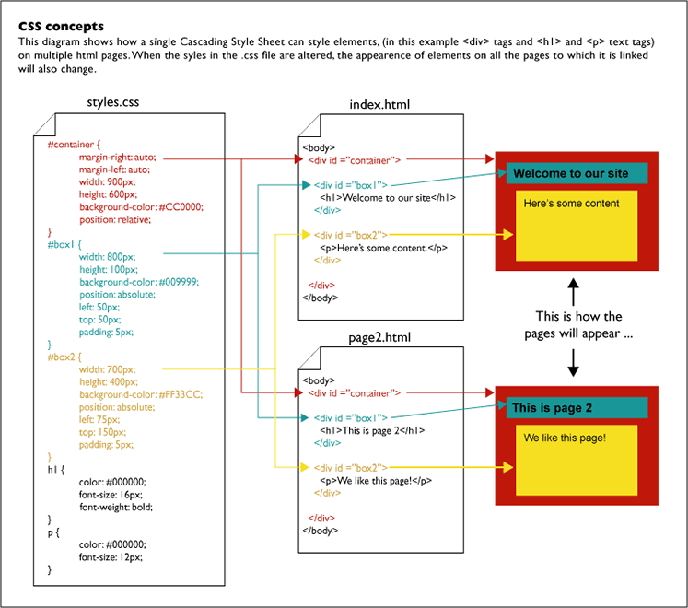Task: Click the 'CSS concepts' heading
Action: [61, 27]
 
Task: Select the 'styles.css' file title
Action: [112, 102]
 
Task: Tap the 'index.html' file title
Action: [379, 104]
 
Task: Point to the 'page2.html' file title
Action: [379, 337]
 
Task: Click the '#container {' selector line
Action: [74, 145]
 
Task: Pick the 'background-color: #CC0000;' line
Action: [141, 207]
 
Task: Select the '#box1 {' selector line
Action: [64, 244]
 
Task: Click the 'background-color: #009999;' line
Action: [139, 282]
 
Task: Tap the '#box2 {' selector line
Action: [64, 357]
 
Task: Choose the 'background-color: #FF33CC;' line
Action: [141, 394]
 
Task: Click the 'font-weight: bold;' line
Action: [116, 507]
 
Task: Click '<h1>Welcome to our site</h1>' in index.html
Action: [388, 198]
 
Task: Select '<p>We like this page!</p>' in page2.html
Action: [376, 481]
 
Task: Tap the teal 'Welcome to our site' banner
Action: [577, 173]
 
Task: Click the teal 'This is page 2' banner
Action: [577, 408]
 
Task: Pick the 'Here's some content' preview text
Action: [571, 204]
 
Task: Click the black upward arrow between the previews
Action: [573, 292]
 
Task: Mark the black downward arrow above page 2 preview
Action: [573, 363]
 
